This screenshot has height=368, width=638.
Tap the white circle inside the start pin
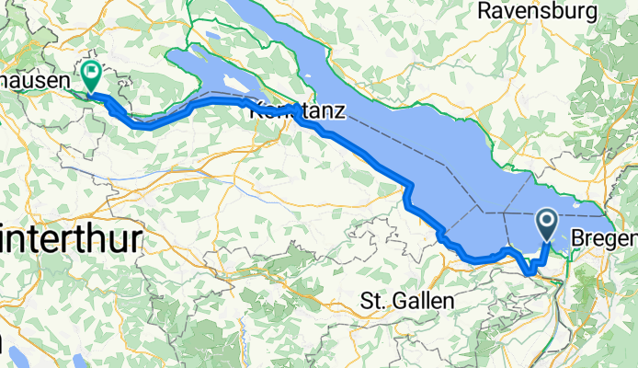(x=546, y=220)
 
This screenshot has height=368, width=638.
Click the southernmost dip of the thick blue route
(x=530, y=271)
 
